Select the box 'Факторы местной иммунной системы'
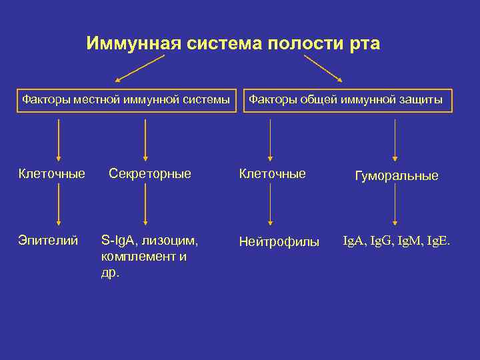click(127, 100)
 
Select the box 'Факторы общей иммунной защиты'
click(347, 100)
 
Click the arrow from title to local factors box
click(140, 69)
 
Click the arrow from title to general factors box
click(323, 69)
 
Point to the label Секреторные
click(149, 174)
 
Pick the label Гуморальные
click(397, 176)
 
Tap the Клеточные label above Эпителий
click(52, 174)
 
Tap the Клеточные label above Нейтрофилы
click(272, 174)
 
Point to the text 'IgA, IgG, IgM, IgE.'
click(397, 240)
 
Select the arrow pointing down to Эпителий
click(59, 205)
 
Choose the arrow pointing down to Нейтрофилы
click(270, 205)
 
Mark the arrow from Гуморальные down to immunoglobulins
click(395, 205)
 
